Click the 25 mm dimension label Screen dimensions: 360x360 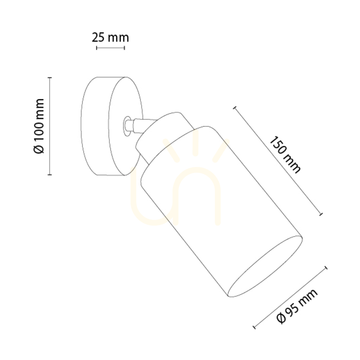[111, 37]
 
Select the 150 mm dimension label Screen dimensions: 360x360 [284, 155]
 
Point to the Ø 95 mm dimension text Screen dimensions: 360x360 [297, 306]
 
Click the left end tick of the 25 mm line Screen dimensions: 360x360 [96, 48]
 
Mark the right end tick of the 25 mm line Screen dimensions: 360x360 [124, 48]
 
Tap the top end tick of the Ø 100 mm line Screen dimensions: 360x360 [50, 78]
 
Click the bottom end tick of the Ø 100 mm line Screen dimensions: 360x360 [50, 175]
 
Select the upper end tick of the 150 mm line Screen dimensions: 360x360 [235, 107]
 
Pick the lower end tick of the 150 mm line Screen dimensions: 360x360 [321, 214]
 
